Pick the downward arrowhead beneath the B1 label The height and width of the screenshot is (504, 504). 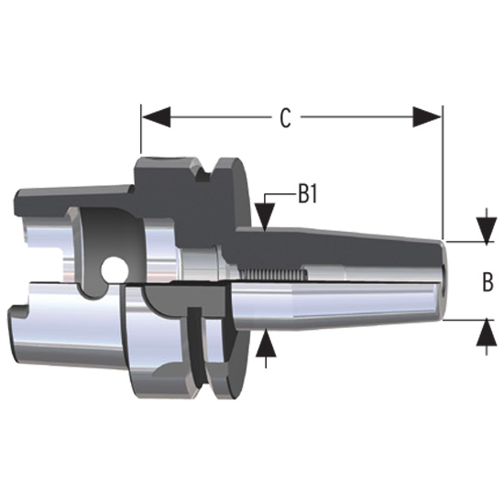tap(266, 220)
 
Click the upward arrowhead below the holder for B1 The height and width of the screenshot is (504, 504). tap(266, 341)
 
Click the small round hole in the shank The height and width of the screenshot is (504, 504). tap(115, 268)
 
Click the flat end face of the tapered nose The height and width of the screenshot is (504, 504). tap(444, 280)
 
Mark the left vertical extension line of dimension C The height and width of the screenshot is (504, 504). tap(140, 128)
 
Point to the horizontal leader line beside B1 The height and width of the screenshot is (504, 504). tap(279, 195)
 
